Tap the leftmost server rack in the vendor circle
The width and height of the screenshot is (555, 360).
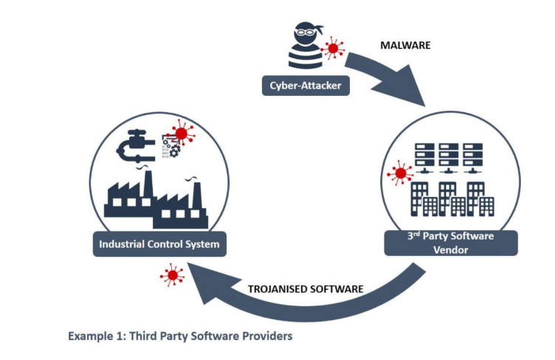[x=422, y=157]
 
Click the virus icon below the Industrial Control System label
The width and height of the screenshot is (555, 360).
[x=173, y=276]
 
